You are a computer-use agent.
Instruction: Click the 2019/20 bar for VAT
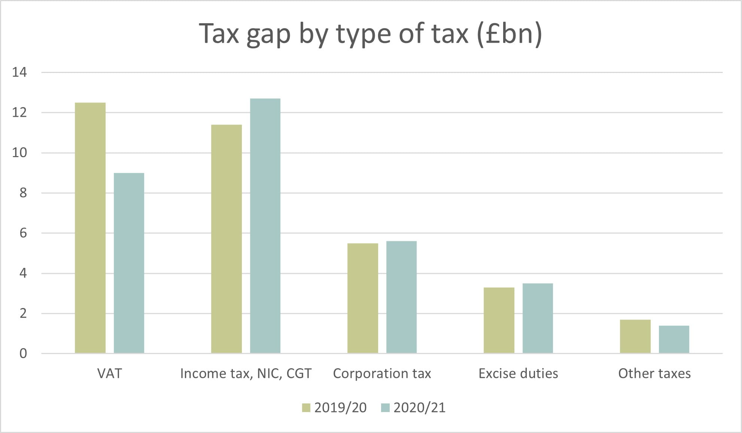(90, 228)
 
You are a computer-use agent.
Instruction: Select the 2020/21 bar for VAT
(129, 263)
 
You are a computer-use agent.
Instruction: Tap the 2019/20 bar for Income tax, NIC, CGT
(226, 239)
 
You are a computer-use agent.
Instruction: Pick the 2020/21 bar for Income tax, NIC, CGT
(265, 226)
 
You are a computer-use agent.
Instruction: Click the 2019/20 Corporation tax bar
(363, 298)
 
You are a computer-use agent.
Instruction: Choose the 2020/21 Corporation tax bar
(401, 297)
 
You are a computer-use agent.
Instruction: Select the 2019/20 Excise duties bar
(499, 320)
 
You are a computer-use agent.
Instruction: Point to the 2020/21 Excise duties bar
(538, 318)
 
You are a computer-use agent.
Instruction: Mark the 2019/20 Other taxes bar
(635, 336)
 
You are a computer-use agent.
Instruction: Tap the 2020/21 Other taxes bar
(674, 339)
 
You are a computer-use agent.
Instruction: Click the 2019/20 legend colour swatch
(306, 408)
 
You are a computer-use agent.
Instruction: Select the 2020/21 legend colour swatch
(385, 408)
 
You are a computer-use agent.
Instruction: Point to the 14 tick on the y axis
(19, 72)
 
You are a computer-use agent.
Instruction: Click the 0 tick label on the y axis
(23, 354)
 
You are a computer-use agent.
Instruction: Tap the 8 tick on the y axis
(23, 193)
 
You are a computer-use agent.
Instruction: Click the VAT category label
(109, 373)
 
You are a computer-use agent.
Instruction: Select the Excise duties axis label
(518, 373)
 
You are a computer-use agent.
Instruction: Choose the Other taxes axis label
(654, 373)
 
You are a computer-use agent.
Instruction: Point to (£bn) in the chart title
(509, 34)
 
